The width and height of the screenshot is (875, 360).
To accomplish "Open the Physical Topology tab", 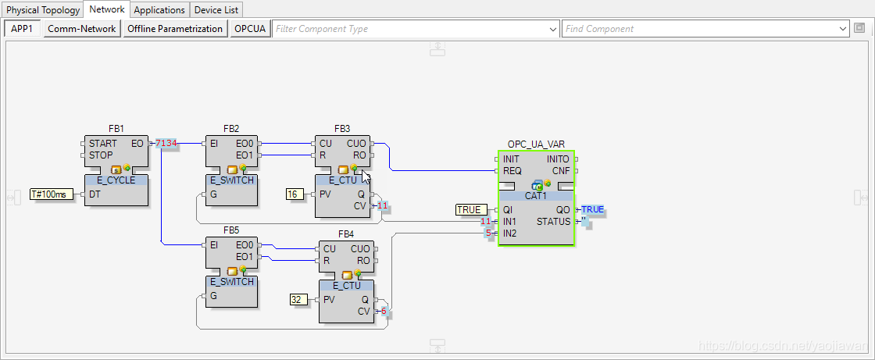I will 43,10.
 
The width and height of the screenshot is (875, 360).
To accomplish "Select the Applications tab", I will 159,10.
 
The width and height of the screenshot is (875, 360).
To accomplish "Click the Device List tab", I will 216,10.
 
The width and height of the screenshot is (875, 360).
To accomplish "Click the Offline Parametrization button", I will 175,29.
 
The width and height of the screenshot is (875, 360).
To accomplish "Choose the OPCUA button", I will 250,29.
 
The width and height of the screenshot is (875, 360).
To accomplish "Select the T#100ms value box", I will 48,194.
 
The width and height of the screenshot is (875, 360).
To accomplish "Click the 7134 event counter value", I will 166,144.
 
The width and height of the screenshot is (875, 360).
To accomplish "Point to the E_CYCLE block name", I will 116,180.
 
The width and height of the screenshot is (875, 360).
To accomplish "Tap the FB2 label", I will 231,129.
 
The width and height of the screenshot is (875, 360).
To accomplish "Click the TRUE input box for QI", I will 471,209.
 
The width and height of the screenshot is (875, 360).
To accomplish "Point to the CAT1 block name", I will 536,195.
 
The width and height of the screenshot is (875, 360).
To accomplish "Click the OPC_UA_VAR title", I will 535,144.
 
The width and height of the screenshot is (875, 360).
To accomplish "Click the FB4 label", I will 346,233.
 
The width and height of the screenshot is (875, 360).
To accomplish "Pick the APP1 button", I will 22,29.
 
